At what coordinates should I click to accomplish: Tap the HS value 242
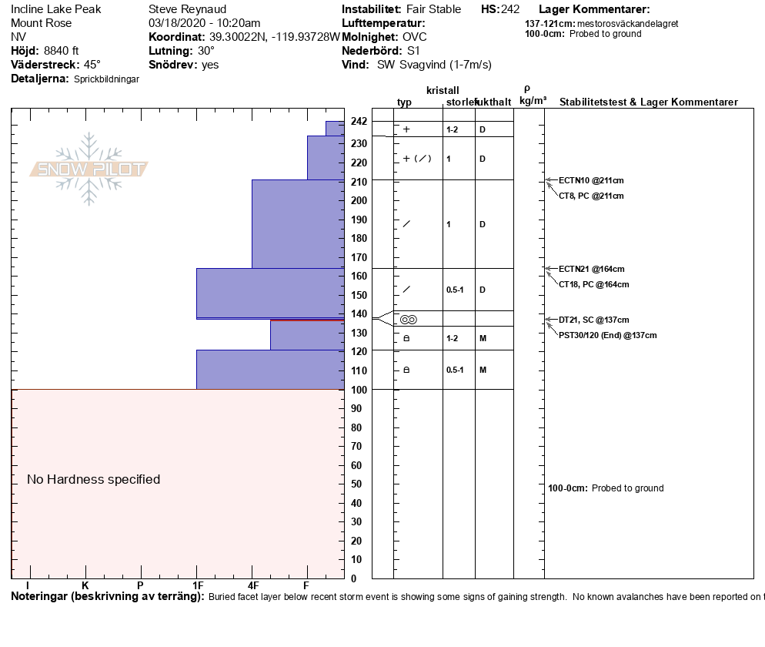[510, 9]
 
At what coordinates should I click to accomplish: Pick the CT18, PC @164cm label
[593, 284]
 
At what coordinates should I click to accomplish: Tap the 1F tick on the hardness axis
[197, 586]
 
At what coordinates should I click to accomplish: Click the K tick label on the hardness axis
[85, 586]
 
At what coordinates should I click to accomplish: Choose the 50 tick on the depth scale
[356, 484]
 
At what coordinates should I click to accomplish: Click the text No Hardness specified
[94, 479]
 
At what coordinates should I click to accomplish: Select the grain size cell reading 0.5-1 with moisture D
[455, 290]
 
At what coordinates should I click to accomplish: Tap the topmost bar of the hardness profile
[335, 128]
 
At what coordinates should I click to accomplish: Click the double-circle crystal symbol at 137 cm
[408, 320]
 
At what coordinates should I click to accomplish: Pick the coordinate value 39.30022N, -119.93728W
[274, 37]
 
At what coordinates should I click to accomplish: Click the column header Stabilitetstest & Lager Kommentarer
[648, 102]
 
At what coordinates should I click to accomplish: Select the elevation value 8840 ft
[62, 51]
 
